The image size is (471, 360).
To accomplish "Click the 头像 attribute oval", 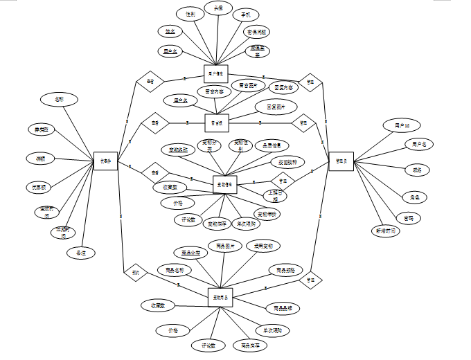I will pyautogui.click(x=217, y=9).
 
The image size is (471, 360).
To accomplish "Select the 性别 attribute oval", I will pyautogui.click(x=187, y=13).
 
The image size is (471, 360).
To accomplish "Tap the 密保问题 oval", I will pyautogui.click(x=257, y=32).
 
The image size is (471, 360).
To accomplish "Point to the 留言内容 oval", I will pyautogui.click(x=213, y=91).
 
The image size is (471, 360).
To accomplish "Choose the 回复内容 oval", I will pyautogui.click(x=284, y=88).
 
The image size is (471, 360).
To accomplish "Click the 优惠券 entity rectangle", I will pyautogui.click(x=106, y=162).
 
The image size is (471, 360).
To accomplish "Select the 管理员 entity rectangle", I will pyautogui.click(x=340, y=161).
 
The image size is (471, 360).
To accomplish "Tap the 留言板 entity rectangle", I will pyautogui.click(x=217, y=123).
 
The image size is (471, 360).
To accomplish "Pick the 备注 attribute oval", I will pyautogui.click(x=81, y=253).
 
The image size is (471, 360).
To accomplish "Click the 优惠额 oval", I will pyautogui.click(x=39, y=187).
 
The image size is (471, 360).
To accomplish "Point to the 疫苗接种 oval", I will pyautogui.click(x=287, y=162).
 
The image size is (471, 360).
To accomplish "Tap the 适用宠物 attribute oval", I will pyautogui.click(x=263, y=246).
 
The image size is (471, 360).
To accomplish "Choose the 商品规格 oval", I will pyautogui.click(x=285, y=269).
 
